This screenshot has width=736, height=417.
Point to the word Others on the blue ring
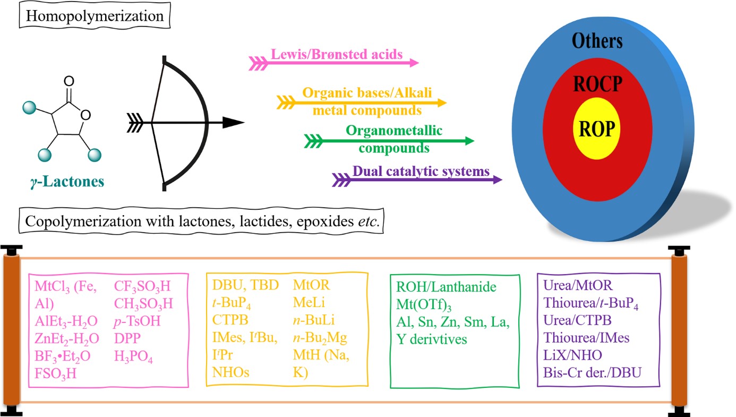[597, 41]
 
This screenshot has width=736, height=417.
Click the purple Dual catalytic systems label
[421, 172]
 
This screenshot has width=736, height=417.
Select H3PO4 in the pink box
[133, 358]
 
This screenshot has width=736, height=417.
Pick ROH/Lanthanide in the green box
[446, 287]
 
